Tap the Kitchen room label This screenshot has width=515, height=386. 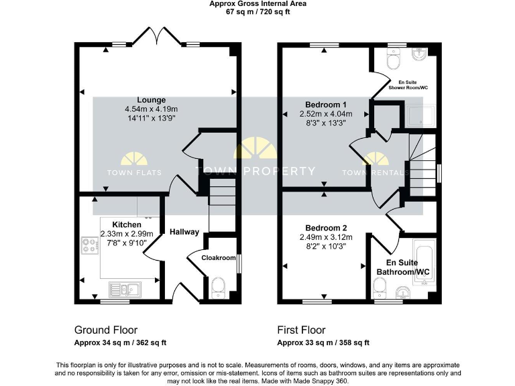point(126,224)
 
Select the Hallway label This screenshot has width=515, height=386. point(184,232)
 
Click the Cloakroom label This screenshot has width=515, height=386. point(219,257)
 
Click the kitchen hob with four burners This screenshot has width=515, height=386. point(90,247)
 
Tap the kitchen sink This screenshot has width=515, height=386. point(125,289)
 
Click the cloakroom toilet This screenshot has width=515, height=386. point(219,287)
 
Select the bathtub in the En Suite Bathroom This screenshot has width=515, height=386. point(425,263)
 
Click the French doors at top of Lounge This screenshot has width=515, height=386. point(156,35)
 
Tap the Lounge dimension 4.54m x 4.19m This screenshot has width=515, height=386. point(151,109)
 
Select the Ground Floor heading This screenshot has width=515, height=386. point(105,330)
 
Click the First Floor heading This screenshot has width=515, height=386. point(301,330)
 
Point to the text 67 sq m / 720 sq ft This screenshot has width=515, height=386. point(257,12)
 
